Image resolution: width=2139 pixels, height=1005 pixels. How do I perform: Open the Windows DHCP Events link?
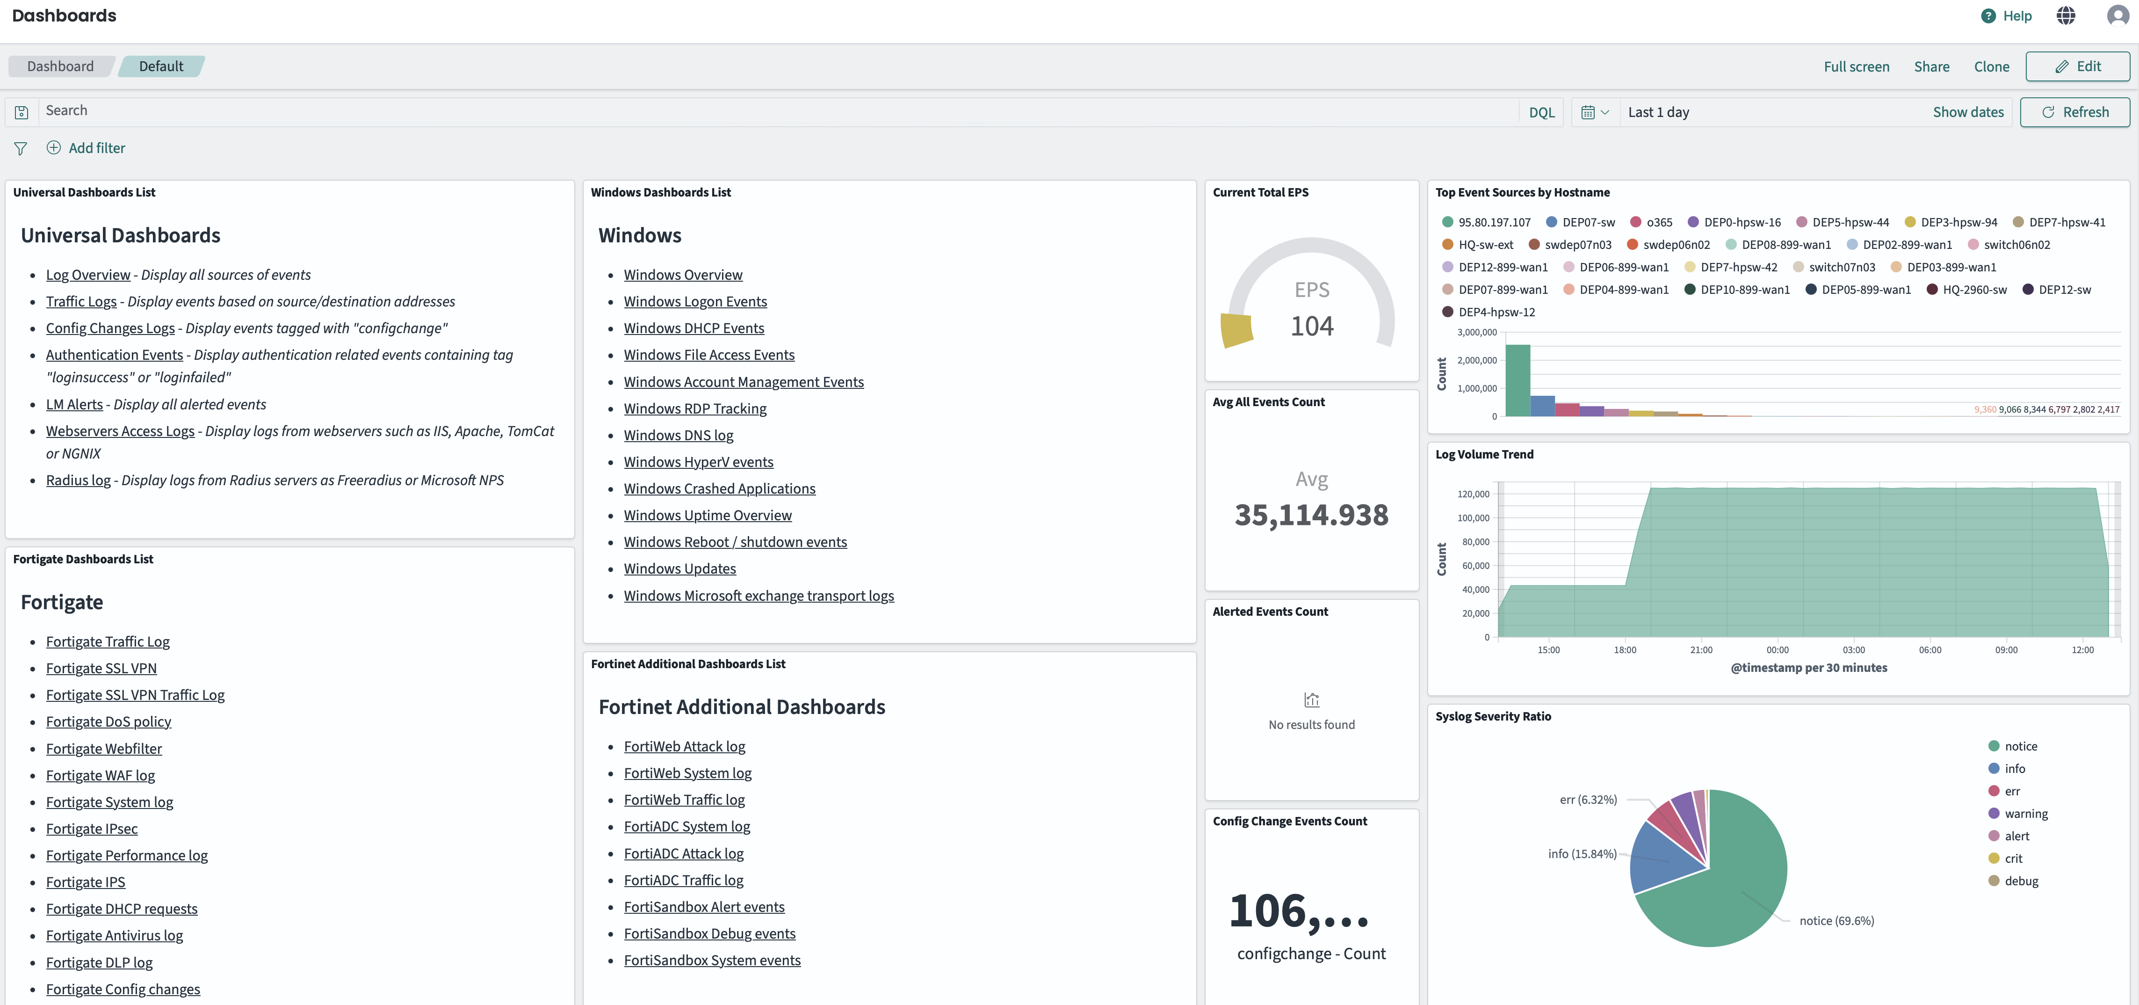pos(694,328)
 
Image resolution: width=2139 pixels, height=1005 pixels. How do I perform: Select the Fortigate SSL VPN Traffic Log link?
pos(135,695)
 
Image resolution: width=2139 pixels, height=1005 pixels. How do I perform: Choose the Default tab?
pos(161,66)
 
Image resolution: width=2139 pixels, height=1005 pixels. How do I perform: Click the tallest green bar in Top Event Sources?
pos(1517,380)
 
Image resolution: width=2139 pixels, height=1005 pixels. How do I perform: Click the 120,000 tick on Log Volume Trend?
pos(1473,494)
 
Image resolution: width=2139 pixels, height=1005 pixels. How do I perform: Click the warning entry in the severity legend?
pos(2025,814)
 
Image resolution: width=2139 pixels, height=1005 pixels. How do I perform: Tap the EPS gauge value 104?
pos(1312,326)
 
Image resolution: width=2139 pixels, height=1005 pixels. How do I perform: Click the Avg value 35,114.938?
pos(1311,515)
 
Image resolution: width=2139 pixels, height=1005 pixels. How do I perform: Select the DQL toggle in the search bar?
pos(1541,113)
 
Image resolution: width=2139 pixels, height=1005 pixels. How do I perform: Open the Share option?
pos(1931,66)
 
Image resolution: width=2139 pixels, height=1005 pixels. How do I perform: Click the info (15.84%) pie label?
pos(1582,854)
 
